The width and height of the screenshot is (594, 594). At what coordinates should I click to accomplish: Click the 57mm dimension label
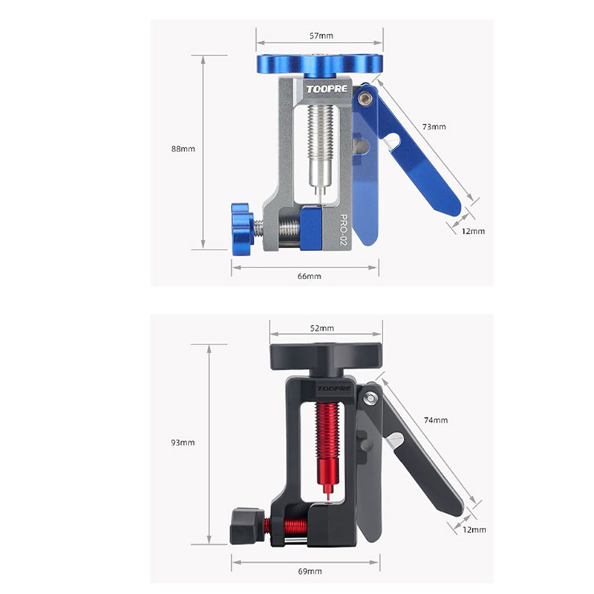pyautogui.click(x=322, y=36)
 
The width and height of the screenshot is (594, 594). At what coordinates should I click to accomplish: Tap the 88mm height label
pyautogui.click(x=183, y=149)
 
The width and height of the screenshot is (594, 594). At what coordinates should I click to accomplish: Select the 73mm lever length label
pyautogui.click(x=434, y=126)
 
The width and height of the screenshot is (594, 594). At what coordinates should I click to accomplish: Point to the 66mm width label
pyautogui.click(x=309, y=276)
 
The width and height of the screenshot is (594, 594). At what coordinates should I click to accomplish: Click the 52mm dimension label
pyautogui.click(x=322, y=328)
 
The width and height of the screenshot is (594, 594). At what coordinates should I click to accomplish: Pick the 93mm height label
pyautogui.click(x=183, y=443)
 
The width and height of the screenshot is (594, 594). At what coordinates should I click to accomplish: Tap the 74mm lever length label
pyautogui.click(x=436, y=420)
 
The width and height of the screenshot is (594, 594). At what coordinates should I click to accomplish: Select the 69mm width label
pyautogui.click(x=310, y=571)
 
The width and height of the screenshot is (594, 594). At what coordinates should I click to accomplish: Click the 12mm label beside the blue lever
pyautogui.click(x=473, y=231)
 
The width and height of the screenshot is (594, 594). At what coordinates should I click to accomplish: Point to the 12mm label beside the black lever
pyautogui.click(x=474, y=529)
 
